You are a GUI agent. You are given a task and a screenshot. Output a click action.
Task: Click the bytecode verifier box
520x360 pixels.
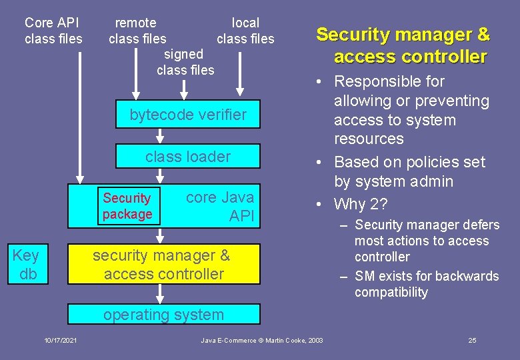[187, 115]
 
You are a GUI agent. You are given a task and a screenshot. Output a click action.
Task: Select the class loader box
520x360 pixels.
[187, 157]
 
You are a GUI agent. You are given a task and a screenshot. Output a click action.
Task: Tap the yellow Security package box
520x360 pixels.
[127, 206]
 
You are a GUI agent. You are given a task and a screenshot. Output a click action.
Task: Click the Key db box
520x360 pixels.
[26, 264]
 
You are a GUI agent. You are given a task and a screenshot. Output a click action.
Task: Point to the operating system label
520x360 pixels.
[163, 315]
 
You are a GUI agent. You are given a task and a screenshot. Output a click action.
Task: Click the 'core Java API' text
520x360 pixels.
[220, 207]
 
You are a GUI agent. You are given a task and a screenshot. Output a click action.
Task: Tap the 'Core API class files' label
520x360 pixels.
[53, 31]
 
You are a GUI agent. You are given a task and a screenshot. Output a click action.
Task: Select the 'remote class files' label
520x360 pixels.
[137, 31]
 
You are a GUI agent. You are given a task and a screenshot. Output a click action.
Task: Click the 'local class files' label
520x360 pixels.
[245, 31]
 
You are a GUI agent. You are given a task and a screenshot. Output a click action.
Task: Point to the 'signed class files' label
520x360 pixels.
[185, 62]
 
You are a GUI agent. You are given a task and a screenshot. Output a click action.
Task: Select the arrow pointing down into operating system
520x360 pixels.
[160, 293]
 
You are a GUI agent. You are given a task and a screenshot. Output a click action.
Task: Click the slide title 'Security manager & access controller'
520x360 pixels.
[403, 45]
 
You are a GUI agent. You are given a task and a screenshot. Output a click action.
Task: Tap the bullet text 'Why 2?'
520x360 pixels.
[361, 204]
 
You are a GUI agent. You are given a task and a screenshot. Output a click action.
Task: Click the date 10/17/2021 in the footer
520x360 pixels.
[61, 341]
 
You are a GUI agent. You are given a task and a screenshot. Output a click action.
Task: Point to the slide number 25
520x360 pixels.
[472, 341]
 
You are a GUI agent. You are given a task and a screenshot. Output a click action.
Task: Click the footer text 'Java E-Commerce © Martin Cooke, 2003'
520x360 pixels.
[262, 341]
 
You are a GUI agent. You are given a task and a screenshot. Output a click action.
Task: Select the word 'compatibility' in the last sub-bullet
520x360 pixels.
[391, 293]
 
